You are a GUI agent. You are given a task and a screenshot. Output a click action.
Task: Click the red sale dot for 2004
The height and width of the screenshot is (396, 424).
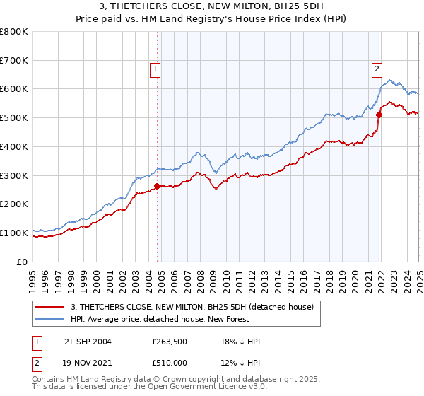(x=158, y=186)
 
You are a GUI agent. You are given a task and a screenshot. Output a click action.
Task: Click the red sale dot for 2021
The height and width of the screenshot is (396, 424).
(x=379, y=114)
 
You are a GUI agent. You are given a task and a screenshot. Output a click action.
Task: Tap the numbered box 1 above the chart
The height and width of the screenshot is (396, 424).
(x=154, y=69)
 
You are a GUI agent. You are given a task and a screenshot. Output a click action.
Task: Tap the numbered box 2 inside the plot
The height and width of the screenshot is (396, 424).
(x=377, y=69)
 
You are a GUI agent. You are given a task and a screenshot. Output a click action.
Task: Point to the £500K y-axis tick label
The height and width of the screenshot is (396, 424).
(x=14, y=117)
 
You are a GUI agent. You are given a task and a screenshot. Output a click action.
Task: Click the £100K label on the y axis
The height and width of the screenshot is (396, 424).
(x=14, y=233)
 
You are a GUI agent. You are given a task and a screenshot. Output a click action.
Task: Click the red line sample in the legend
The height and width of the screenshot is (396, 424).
(x=51, y=306)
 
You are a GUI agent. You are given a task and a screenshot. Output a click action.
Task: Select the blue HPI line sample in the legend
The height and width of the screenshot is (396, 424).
(x=51, y=318)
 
